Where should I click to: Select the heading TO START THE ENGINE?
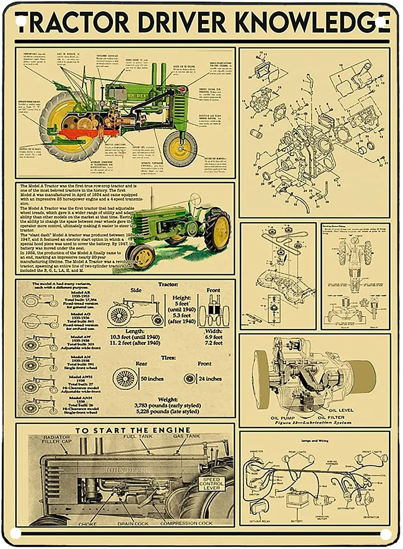(133, 430)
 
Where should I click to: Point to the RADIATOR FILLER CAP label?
(56, 439)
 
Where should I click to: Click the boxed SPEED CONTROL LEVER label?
(212, 483)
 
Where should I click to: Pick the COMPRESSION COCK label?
(186, 523)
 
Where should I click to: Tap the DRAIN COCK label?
(133, 524)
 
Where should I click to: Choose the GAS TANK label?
(186, 436)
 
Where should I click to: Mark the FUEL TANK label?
(138, 436)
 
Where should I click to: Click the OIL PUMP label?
(282, 418)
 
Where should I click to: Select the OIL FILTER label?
(331, 417)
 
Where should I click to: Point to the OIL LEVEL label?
(341, 410)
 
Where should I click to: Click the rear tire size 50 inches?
(152, 379)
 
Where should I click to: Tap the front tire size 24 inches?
(210, 379)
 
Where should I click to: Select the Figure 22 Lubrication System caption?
(313, 423)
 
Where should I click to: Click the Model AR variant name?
(81, 293)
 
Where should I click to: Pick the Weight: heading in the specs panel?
(167, 399)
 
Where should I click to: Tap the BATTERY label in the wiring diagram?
(297, 521)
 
